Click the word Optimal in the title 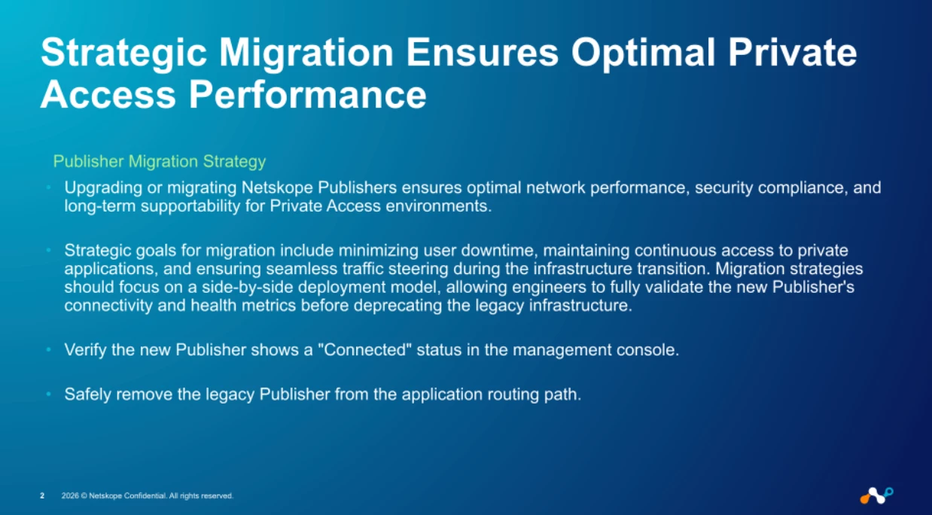(643, 53)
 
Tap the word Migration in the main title (306, 53)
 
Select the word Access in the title (108, 95)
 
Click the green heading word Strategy (234, 161)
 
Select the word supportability (190, 206)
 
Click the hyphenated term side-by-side (248, 287)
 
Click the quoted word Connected (365, 350)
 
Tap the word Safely (88, 395)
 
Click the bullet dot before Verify (49, 349)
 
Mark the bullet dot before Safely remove (49, 394)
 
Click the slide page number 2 (42, 495)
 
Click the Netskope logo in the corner (876, 495)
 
